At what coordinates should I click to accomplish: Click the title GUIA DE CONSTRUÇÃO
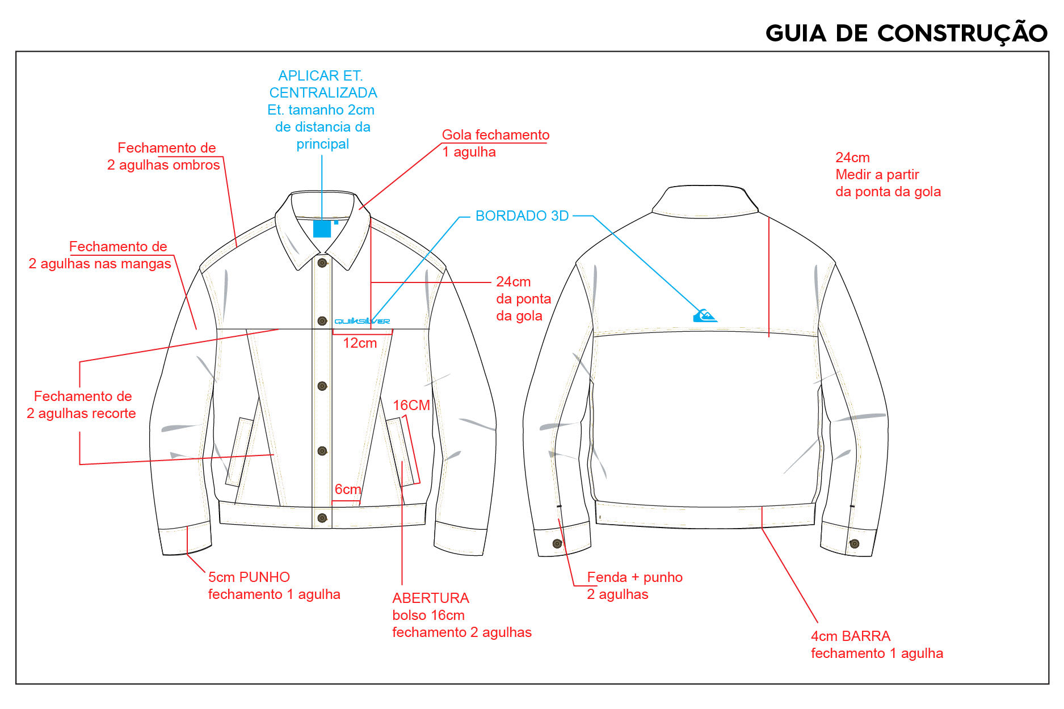click(906, 33)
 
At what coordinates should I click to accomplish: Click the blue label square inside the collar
click(322, 229)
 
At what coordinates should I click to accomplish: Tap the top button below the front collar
click(322, 263)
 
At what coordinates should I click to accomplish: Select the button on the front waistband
click(322, 518)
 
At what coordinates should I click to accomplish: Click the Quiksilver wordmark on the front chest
click(362, 321)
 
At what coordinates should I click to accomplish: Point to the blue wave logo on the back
click(705, 315)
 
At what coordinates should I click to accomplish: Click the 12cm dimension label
click(360, 343)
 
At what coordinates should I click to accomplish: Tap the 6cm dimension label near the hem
click(348, 489)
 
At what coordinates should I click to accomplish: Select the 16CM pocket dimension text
click(411, 406)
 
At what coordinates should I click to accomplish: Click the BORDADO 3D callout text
click(522, 216)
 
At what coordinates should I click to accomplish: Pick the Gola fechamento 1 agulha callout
click(496, 144)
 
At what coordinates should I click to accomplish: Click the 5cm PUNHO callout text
click(274, 586)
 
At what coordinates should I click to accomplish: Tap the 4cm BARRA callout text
click(877, 645)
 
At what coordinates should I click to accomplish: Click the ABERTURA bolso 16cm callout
click(462, 615)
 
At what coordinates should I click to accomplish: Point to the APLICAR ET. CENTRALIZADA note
click(322, 84)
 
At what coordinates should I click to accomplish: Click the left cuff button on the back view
click(557, 544)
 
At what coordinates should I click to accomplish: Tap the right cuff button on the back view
click(854, 544)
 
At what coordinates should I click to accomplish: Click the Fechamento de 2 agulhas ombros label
click(163, 157)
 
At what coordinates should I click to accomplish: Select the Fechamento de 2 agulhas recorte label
click(81, 405)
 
